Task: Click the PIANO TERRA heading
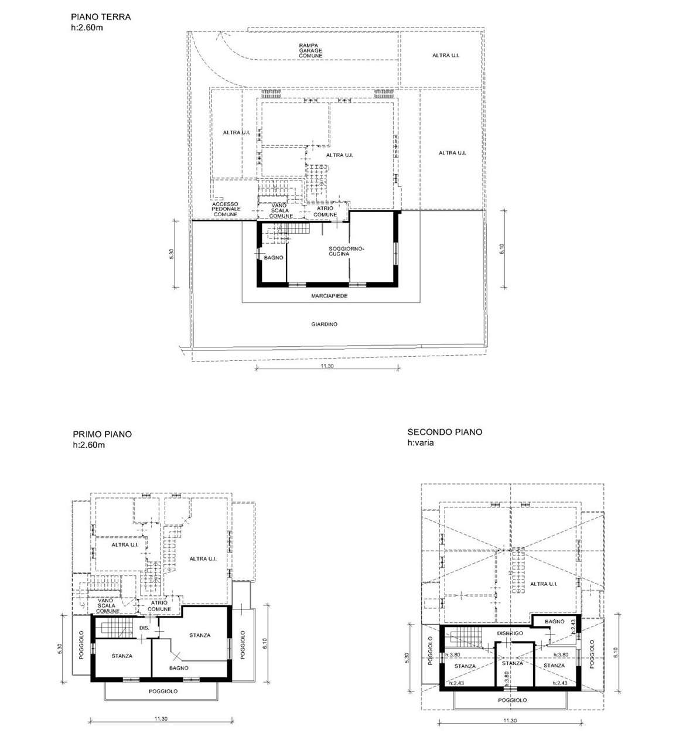[x=101, y=17]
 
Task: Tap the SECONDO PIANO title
[x=445, y=432]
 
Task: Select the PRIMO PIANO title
[x=102, y=434]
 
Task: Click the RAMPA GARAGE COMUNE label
[x=310, y=50]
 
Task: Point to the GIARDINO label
[x=324, y=324]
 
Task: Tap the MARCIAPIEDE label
[x=329, y=296]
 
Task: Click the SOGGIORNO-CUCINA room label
[x=346, y=251]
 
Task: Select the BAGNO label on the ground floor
[x=274, y=258]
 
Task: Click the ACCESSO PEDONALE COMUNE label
[x=226, y=209]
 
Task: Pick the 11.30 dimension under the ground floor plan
[x=327, y=366]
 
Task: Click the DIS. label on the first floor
[x=144, y=628]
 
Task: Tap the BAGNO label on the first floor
[x=179, y=668]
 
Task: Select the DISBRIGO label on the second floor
[x=510, y=633]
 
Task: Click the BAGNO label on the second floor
[x=555, y=621]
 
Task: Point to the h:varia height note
[x=421, y=443]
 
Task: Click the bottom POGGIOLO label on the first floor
[x=163, y=691]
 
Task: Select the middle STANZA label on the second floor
[x=512, y=663]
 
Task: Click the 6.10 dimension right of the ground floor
[x=502, y=249]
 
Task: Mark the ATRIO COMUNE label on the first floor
[x=159, y=606]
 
